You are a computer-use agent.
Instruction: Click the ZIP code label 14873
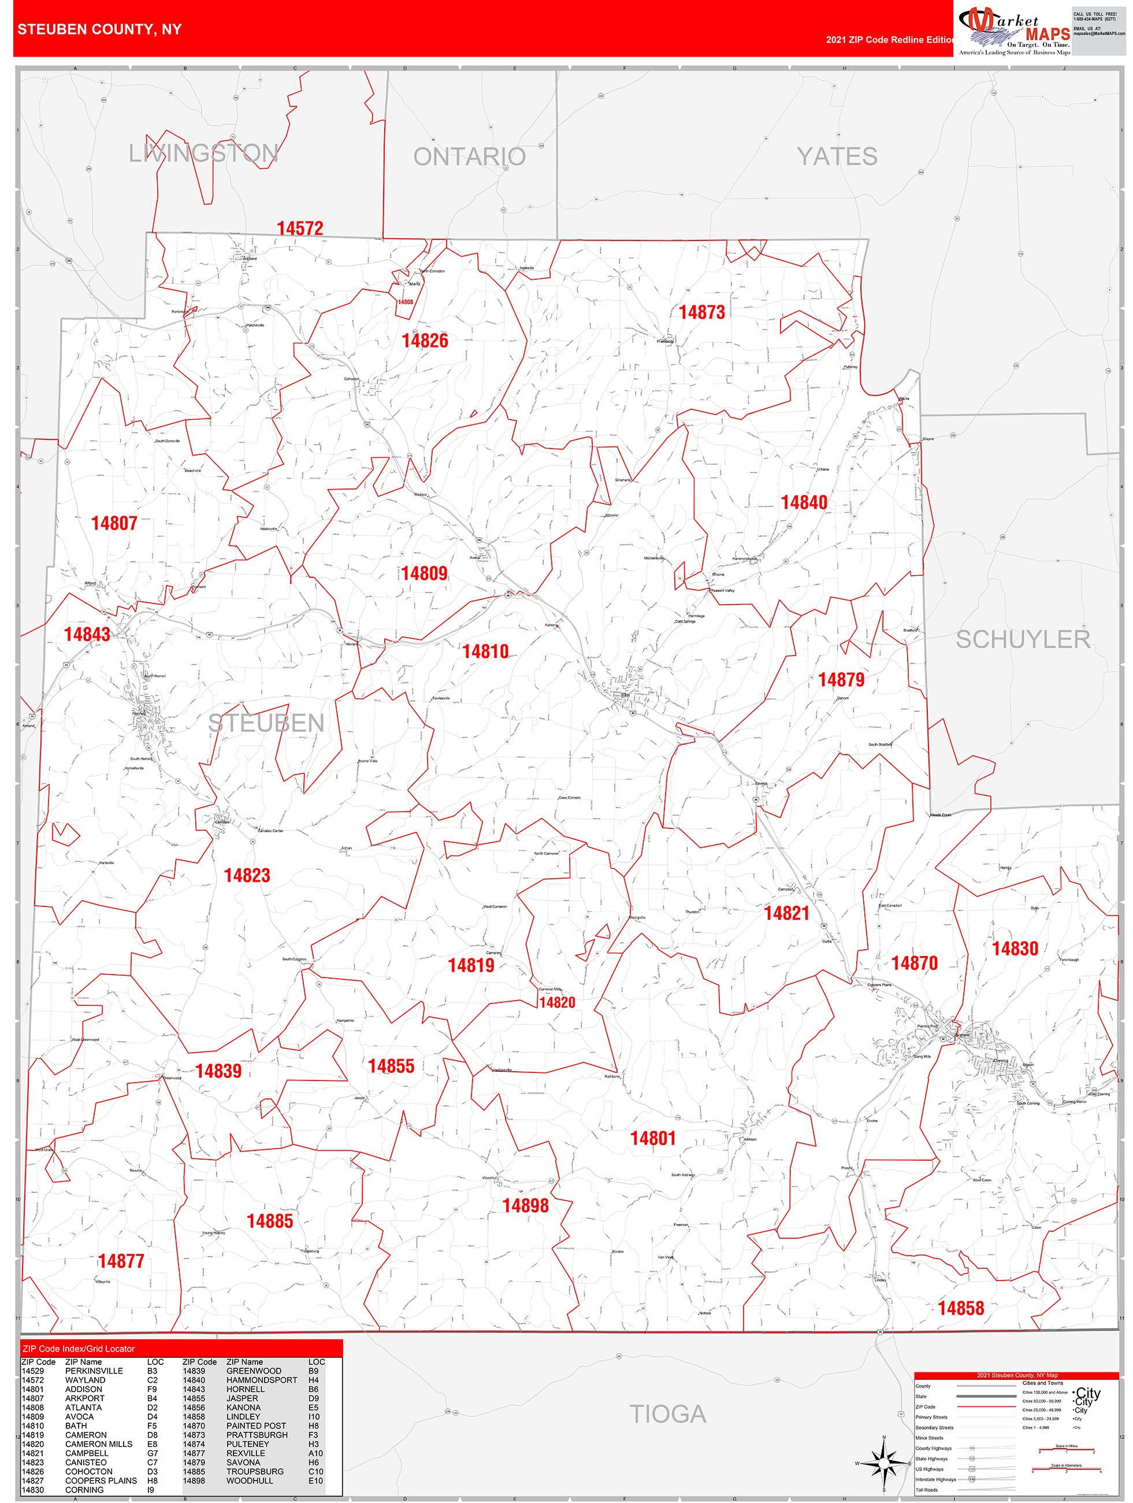click(x=701, y=313)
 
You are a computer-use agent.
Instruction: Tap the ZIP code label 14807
click(x=114, y=523)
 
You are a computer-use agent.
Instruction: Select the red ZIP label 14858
click(x=960, y=1308)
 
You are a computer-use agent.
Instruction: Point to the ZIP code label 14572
click(x=299, y=228)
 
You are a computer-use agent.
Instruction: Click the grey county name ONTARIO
click(x=469, y=157)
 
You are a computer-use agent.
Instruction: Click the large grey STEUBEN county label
click(x=266, y=723)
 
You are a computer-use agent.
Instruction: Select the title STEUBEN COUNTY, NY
click(x=99, y=29)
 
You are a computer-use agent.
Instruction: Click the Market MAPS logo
click(x=1013, y=31)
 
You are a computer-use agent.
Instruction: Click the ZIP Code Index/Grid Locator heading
click(x=79, y=1349)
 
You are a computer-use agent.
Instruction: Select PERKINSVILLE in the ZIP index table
click(x=94, y=1371)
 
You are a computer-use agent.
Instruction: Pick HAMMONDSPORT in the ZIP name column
click(x=262, y=1380)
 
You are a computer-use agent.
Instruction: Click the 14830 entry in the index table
click(x=32, y=1489)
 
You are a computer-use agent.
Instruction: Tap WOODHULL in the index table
click(x=249, y=1480)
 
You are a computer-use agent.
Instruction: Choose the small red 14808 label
click(x=405, y=302)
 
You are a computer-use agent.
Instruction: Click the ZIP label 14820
click(x=556, y=1003)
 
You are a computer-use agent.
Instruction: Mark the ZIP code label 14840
click(x=804, y=503)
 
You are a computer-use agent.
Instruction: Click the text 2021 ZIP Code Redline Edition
click(x=889, y=40)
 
